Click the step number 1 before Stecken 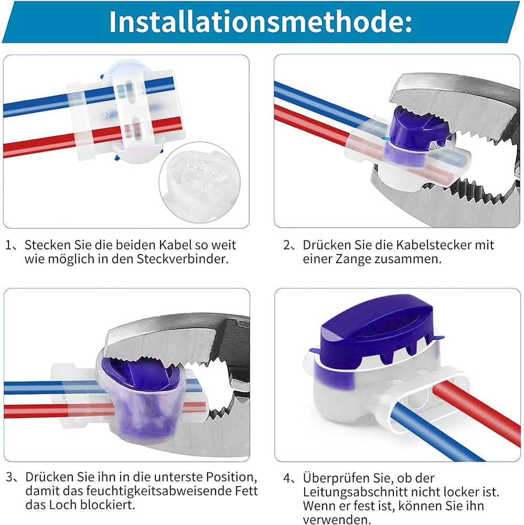(x=8, y=245)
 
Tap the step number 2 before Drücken (x=287, y=245)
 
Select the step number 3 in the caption (x=9, y=477)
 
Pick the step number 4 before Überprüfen (x=287, y=478)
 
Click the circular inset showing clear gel (x=199, y=183)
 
